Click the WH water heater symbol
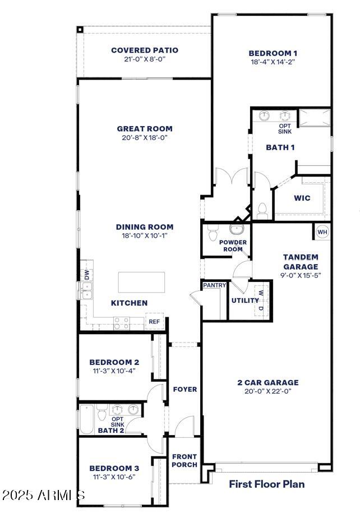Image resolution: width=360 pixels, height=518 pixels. [x=322, y=232]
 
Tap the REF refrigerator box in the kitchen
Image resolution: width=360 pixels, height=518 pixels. [x=154, y=322]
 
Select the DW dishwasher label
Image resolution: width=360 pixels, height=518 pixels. [x=87, y=275]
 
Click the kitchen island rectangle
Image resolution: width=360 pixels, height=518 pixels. [x=141, y=281]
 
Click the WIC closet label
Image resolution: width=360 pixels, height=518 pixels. [x=302, y=198]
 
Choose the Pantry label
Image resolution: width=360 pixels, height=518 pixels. [x=214, y=285]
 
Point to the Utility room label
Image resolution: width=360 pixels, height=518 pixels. [x=245, y=300]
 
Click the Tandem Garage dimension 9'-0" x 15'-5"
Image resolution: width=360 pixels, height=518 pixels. [x=301, y=275]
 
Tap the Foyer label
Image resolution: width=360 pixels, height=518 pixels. [x=184, y=389]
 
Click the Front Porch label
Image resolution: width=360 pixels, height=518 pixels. [x=184, y=460]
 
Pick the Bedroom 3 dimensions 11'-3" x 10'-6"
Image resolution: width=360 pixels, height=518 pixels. [x=114, y=477]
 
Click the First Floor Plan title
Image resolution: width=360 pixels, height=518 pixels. [x=267, y=483]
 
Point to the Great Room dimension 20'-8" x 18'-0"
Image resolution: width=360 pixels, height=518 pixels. [x=145, y=137]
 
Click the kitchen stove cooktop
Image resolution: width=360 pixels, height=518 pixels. [x=122, y=323]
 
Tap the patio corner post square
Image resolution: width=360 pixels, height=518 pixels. [x=80, y=29]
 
